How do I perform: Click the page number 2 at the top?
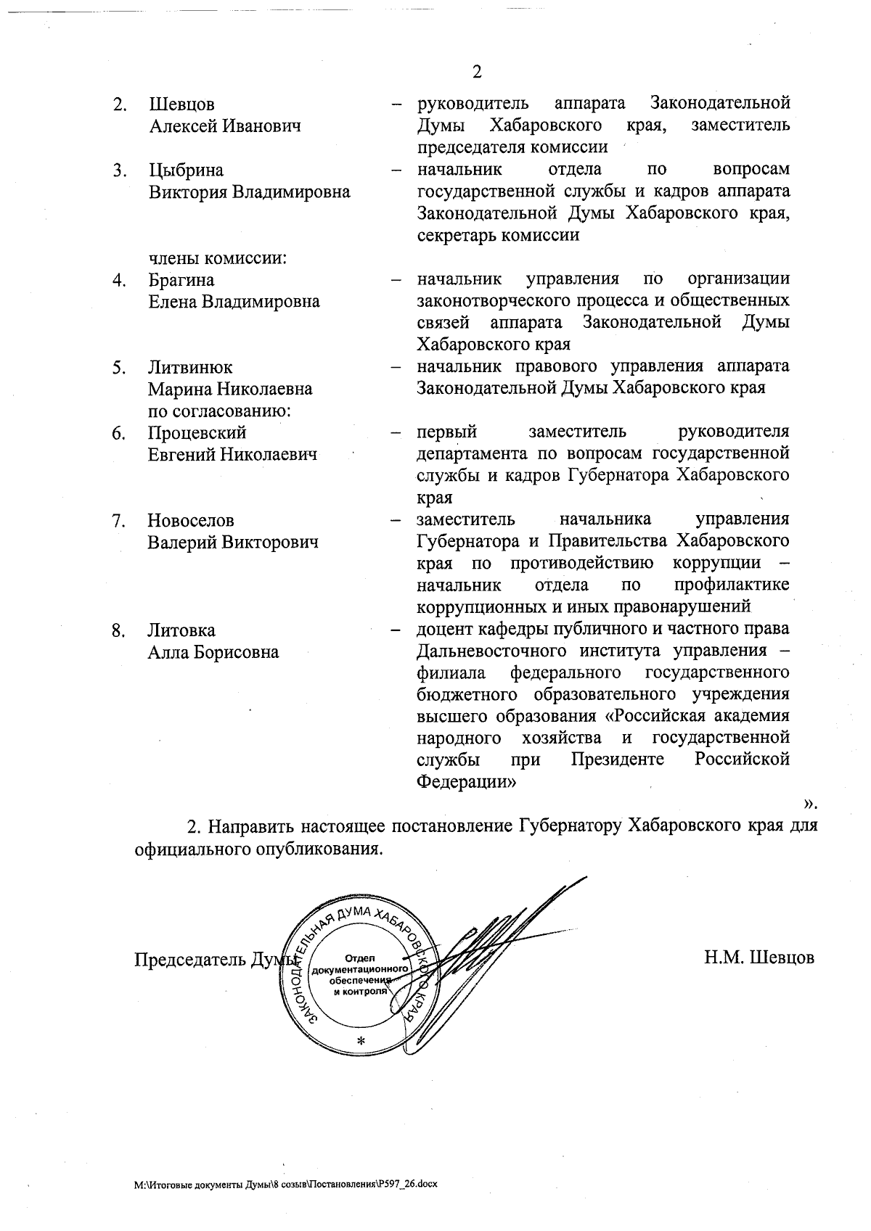(476, 72)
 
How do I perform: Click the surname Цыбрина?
(186, 170)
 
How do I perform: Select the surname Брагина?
(181, 280)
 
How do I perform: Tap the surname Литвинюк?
(190, 368)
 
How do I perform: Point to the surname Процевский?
(197, 433)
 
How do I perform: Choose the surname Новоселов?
(191, 521)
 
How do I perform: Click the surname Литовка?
(181, 630)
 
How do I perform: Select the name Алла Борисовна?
(213, 652)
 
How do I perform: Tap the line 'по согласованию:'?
(219, 411)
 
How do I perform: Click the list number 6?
(118, 433)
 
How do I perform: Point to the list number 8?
(118, 630)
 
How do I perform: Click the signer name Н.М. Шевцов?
(758, 958)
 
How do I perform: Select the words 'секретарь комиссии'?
(498, 236)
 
